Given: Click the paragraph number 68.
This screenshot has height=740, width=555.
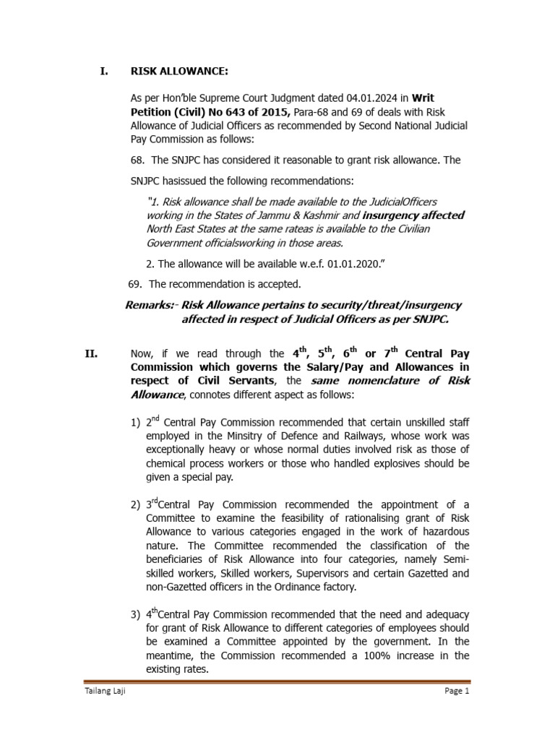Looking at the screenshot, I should tap(137, 159).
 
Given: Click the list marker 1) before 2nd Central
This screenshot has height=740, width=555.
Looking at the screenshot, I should tap(135, 421).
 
